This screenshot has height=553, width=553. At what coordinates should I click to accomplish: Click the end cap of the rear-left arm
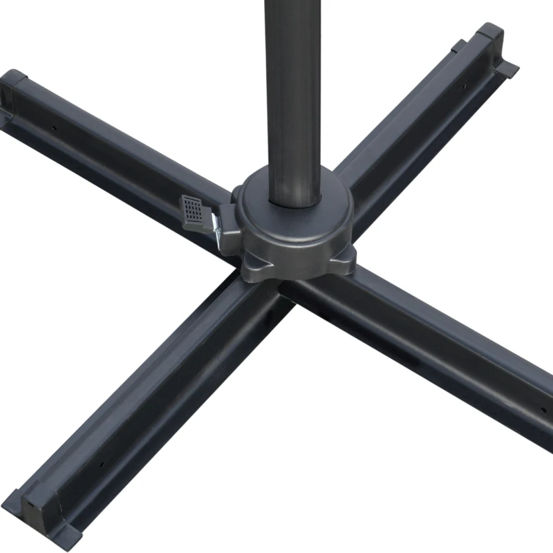[x=14, y=90]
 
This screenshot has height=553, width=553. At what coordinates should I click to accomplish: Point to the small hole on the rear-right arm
[x=464, y=86]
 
